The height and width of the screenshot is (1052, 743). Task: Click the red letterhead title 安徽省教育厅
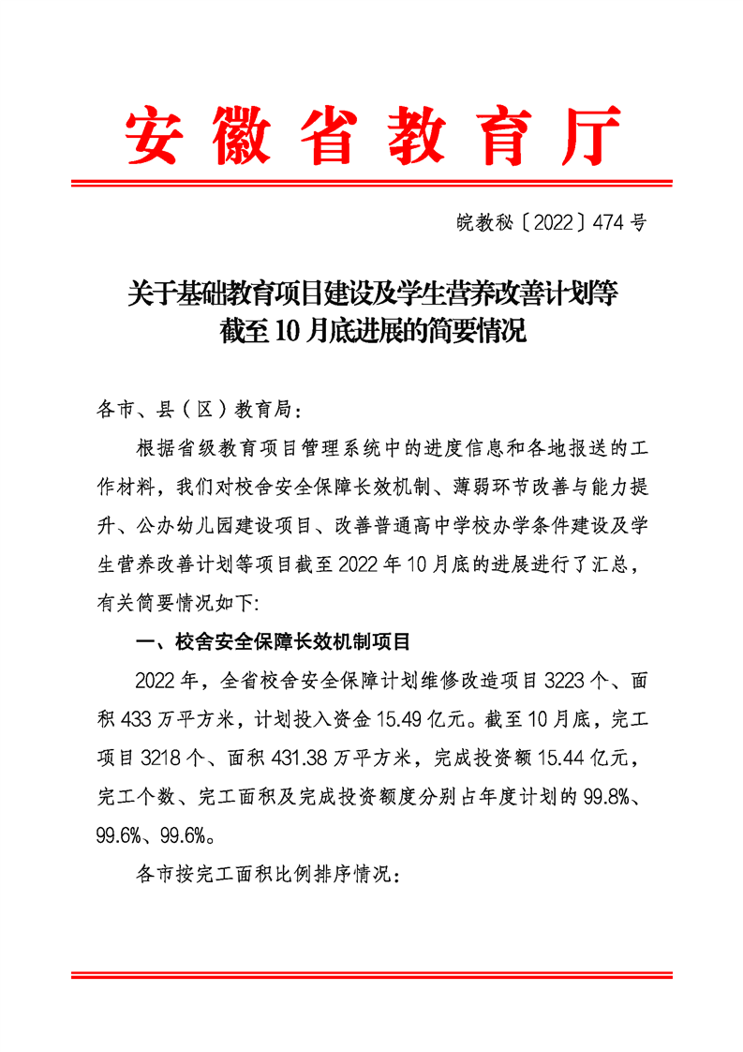point(373,134)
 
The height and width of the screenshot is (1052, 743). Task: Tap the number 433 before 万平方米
point(138,720)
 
